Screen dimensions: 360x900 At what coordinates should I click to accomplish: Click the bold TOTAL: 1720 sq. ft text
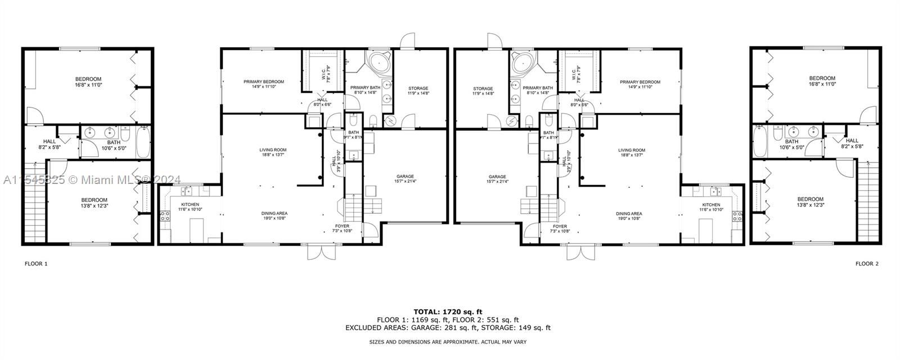pos(448,311)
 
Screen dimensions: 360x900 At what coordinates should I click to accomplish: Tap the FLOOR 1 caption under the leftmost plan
pos(36,263)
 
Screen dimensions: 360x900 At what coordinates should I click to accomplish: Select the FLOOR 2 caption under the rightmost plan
pos(867,263)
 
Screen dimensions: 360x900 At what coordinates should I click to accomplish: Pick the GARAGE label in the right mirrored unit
pos(497,176)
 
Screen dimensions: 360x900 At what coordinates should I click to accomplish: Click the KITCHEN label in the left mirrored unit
pos(190,204)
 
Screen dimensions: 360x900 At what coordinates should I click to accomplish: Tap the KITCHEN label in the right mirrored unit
pos(711,204)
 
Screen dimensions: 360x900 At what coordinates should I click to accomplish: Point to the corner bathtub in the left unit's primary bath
pos(379,63)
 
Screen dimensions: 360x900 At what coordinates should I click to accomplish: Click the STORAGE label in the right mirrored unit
pos(483,88)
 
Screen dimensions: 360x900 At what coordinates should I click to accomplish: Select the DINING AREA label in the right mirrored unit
pos(629,214)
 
